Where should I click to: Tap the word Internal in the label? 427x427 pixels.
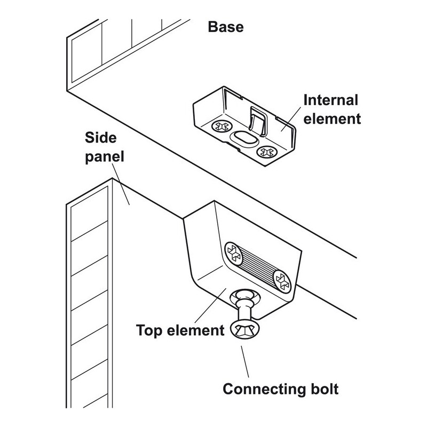pos(330,100)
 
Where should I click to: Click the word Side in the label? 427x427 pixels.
pos(101,139)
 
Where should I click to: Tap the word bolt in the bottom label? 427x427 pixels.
pos(322,388)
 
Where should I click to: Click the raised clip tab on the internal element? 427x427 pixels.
pos(257,121)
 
